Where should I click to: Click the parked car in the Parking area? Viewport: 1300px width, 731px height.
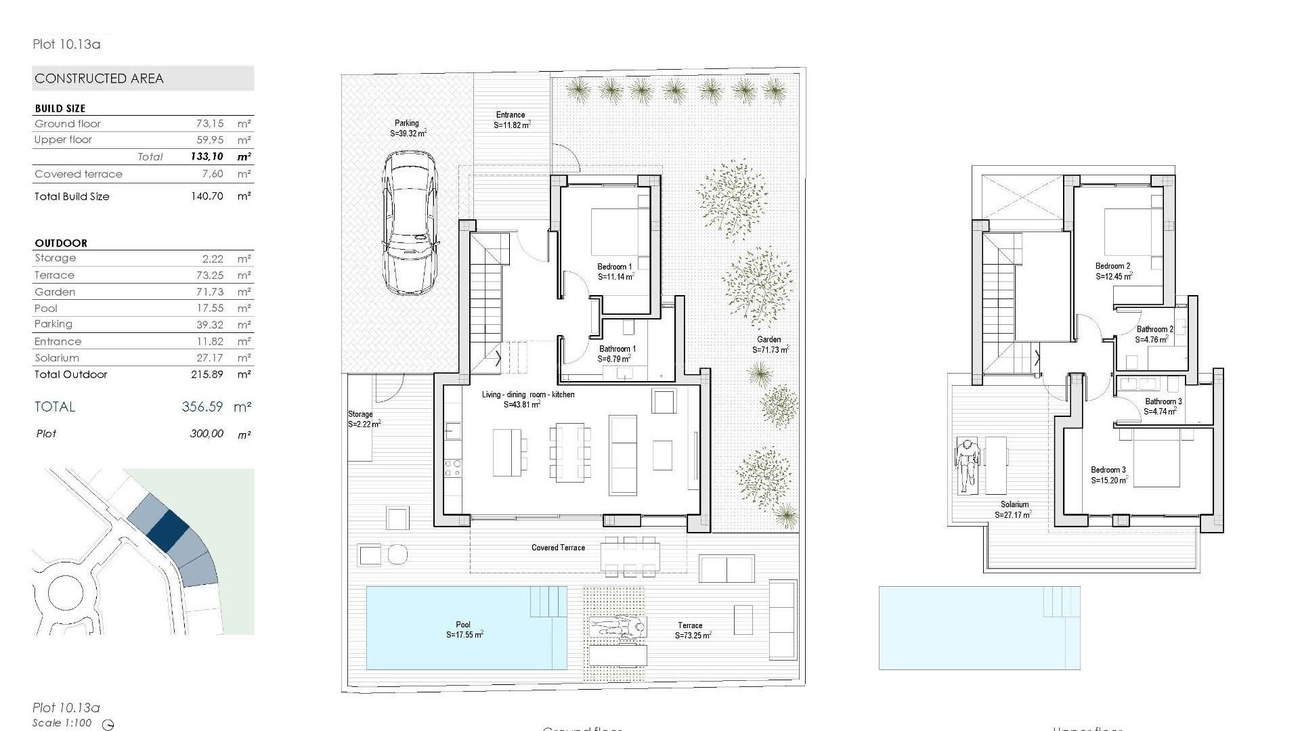pyautogui.click(x=409, y=223)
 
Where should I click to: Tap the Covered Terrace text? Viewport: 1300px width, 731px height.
pyautogui.click(x=558, y=548)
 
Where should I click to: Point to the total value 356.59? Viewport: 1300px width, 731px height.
pyautogui.click(x=202, y=407)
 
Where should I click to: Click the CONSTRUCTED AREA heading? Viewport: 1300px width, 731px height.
pyautogui.click(x=99, y=79)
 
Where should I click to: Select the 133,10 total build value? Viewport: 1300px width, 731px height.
pyautogui.click(x=207, y=156)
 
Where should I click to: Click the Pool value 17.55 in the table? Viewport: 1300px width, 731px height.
pyautogui.click(x=209, y=308)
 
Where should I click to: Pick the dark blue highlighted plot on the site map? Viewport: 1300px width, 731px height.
pyautogui.click(x=167, y=529)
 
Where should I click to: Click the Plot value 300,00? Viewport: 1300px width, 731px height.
pyautogui.click(x=207, y=434)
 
